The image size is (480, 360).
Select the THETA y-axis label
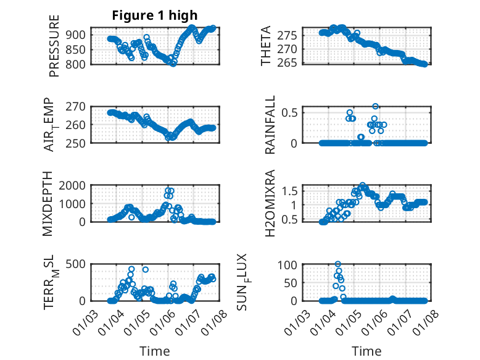pos(266,46)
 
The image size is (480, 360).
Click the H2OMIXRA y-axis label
pos(270,204)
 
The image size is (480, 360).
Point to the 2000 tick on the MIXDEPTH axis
pos(75,185)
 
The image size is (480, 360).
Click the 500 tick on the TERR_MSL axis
pos(77,264)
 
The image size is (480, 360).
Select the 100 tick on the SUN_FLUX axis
pos(289,264)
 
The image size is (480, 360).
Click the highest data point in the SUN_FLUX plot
pos(337,264)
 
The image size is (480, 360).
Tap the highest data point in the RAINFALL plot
pos(375,106)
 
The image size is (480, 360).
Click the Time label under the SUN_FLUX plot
pos(366,351)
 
